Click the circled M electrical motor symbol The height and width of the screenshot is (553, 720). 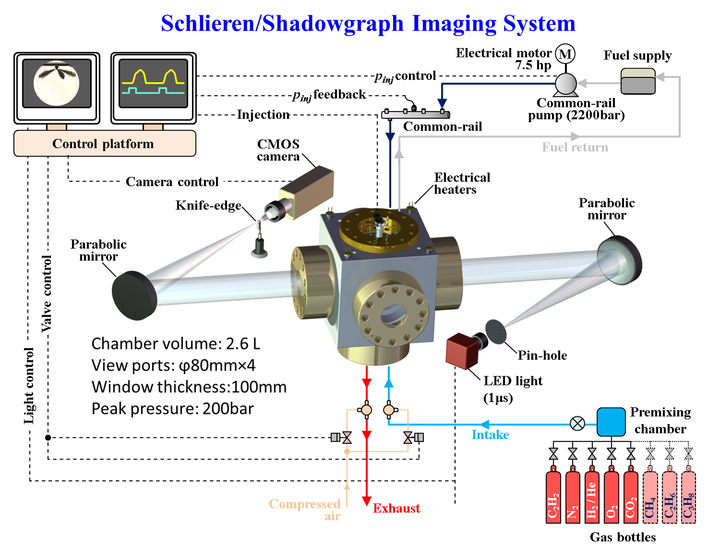565,54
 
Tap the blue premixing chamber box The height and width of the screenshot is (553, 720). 611,421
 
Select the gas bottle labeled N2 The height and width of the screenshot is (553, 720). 573,497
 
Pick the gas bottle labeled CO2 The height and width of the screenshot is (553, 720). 631,497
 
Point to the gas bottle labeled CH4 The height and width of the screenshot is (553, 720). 650,497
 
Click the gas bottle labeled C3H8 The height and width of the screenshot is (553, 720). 688,497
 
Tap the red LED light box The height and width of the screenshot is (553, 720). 460,350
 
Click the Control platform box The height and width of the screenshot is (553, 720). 105,144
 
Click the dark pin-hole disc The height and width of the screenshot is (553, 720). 495,331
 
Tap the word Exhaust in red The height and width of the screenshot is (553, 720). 396,508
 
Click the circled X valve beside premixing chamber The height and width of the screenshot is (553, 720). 577,423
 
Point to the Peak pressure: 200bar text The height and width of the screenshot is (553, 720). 172,408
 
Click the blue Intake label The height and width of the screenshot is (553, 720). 490,434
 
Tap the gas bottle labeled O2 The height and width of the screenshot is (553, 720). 611,497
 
